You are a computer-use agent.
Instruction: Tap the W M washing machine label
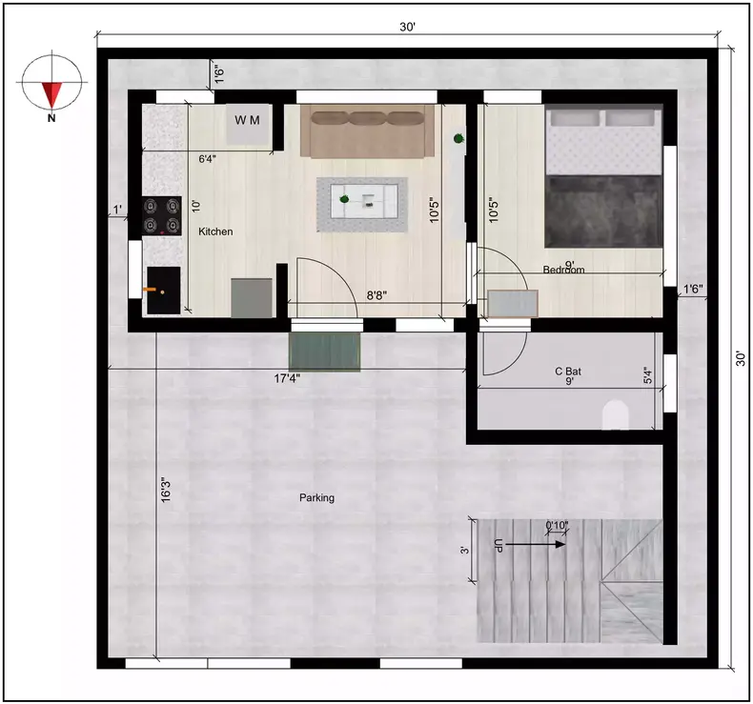click(247, 121)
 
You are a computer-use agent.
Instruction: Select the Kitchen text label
click(215, 231)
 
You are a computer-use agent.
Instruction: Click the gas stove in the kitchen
click(161, 215)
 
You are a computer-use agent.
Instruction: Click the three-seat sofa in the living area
click(367, 131)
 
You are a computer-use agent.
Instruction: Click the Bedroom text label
click(563, 270)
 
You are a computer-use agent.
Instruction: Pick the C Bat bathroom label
click(569, 371)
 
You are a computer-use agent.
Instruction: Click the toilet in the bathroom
click(616, 414)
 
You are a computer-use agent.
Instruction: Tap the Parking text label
click(316, 497)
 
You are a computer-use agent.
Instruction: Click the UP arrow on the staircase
click(499, 546)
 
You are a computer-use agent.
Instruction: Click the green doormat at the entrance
click(326, 352)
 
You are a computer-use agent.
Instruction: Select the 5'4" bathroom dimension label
click(648, 376)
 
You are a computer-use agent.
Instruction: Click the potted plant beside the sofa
click(459, 139)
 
